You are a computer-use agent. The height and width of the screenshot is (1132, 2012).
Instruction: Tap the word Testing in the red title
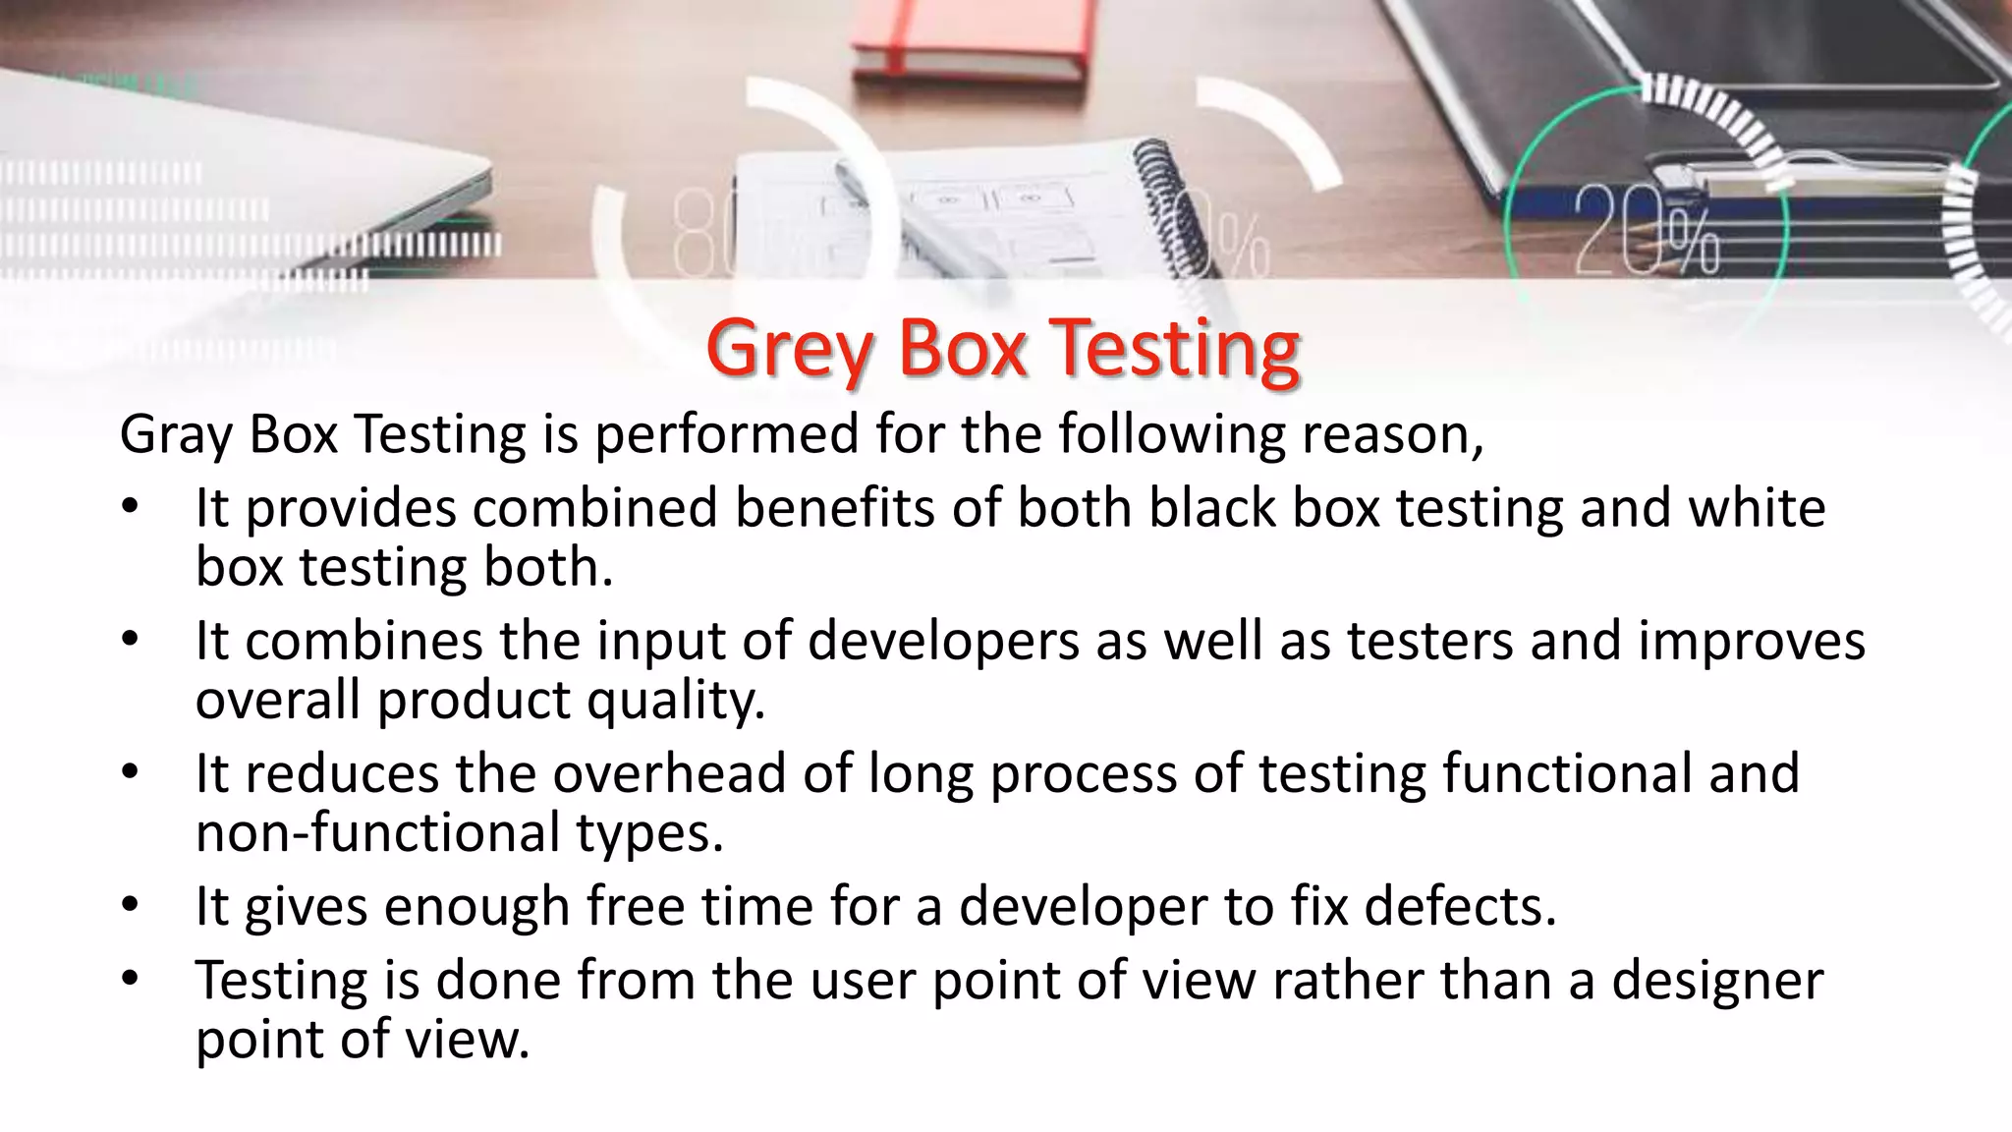(x=1175, y=350)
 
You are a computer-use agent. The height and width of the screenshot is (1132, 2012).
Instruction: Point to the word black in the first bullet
(x=1212, y=508)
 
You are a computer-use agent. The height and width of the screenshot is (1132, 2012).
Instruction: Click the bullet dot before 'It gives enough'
(x=131, y=905)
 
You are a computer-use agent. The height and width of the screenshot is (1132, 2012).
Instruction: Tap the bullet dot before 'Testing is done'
(x=131, y=979)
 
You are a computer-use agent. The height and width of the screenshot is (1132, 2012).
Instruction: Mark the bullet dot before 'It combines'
(x=131, y=640)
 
